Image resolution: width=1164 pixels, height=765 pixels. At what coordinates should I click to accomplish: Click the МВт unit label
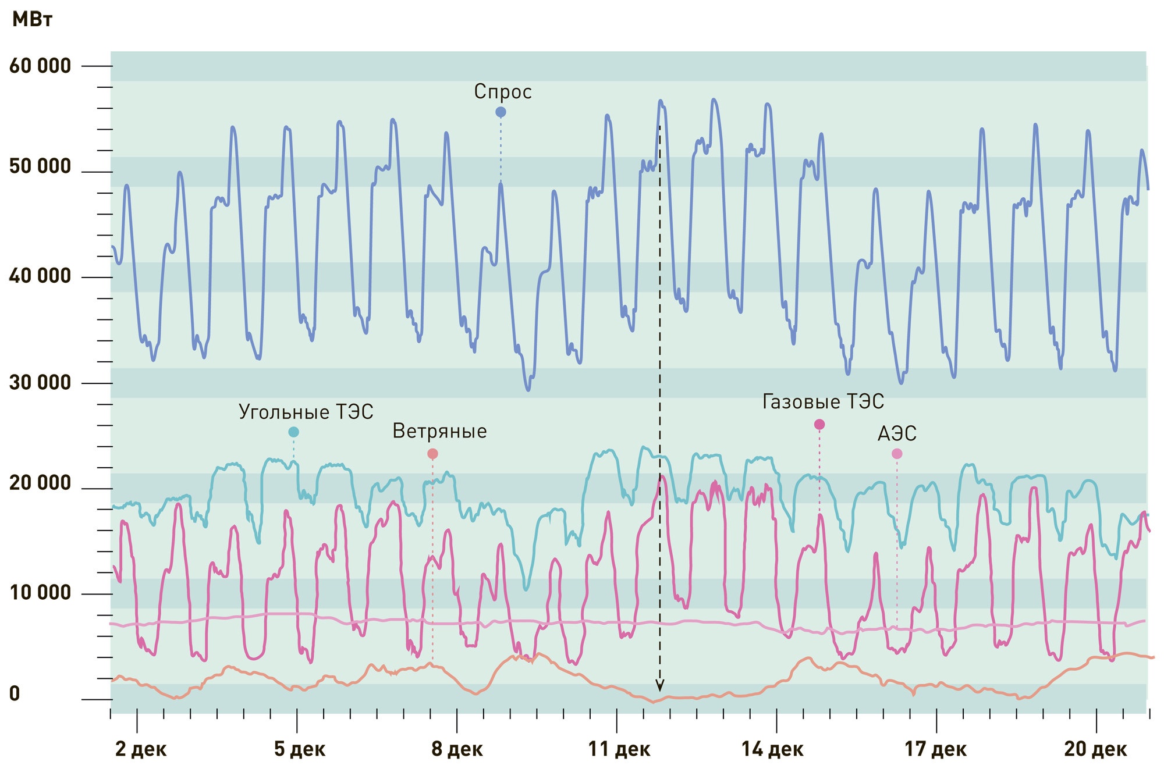coord(32,20)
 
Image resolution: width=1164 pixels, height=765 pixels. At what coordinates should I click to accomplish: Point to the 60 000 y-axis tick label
coord(40,66)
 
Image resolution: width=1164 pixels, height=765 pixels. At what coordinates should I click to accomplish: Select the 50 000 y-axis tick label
coord(40,167)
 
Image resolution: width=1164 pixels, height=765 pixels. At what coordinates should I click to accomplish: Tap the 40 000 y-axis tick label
coord(40,276)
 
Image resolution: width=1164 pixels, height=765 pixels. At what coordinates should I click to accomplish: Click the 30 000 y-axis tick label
coord(40,382)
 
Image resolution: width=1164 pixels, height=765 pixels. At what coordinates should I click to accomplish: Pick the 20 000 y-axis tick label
coord(40,483)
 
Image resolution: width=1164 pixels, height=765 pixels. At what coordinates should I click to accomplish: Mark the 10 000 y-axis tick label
coord(40,593)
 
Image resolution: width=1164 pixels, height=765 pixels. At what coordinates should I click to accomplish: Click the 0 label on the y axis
coord(15,694)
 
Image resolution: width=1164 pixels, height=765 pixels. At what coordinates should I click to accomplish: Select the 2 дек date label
coord(141,749)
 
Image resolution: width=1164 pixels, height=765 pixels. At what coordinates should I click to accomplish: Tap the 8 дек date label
coord(457,749)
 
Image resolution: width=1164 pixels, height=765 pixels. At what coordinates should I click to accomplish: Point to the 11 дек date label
coord(619,749)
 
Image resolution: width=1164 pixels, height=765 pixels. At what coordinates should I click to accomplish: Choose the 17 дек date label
coord(935,749)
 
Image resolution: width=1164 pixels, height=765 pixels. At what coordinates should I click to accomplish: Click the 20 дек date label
coord(1095,749)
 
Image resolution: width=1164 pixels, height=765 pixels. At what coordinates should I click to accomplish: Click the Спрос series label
coord(503,92)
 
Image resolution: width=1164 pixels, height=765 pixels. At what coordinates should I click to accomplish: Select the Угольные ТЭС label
coord(306,412)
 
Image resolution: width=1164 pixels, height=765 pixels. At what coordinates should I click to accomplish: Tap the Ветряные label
coord(439,431)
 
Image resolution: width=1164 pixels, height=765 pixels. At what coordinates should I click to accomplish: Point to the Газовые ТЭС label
coord(823,401)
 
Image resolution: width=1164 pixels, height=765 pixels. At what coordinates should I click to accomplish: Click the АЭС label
coord(897,433)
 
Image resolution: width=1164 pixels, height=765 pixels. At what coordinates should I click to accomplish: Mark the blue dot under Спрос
coord(501,112)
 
